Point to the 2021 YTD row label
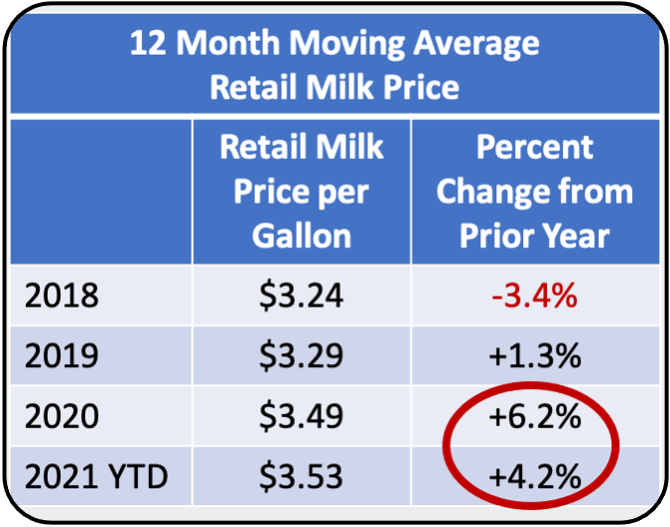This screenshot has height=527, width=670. pos(95,476)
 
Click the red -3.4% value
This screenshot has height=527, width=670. pos(534,297)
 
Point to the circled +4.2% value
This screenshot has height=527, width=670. pos(534,476)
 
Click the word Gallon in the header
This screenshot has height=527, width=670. pos(301,235)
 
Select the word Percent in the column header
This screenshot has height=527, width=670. pos(534,147)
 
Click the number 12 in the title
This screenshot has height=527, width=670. pos(148,45)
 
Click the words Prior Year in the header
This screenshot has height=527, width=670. pos(534,235)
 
